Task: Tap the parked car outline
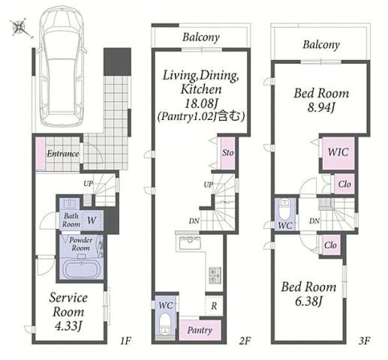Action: pyautogui.click(x=62, y=65)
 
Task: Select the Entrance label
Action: pyautogui.click(x=63, y=153)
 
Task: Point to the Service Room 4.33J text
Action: pyautogui.click(x=68, y=312)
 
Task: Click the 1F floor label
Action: pyautogui.click(x=125, y=340)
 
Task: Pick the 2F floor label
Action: pyautogui.click(x=245, y=340)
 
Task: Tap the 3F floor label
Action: pyautogui.click(x=364, y=340)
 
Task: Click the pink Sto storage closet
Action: pyautogui.click(x=227, y=153)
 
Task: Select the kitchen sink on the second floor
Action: pyautogui.click(x=189, y=242)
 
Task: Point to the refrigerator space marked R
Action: pyautogui.click(x=214, y=306)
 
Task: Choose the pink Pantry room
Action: pyautogui.click(x=200, y=330)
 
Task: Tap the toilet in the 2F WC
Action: pyautogui.click(x=165, y=324)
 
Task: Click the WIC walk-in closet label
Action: pyautogui.click(x=338, y=152)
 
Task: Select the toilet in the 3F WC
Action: pyautogui.click(x=285, y=208)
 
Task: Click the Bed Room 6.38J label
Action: pyautogui.click(x=308, y=294)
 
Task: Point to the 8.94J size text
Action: pyautogui.click(x=321, y=108)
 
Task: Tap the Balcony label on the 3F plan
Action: pyautogui.click(x=321, y=45)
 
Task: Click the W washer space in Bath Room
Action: pyautogui.click(x=92, y=220)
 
